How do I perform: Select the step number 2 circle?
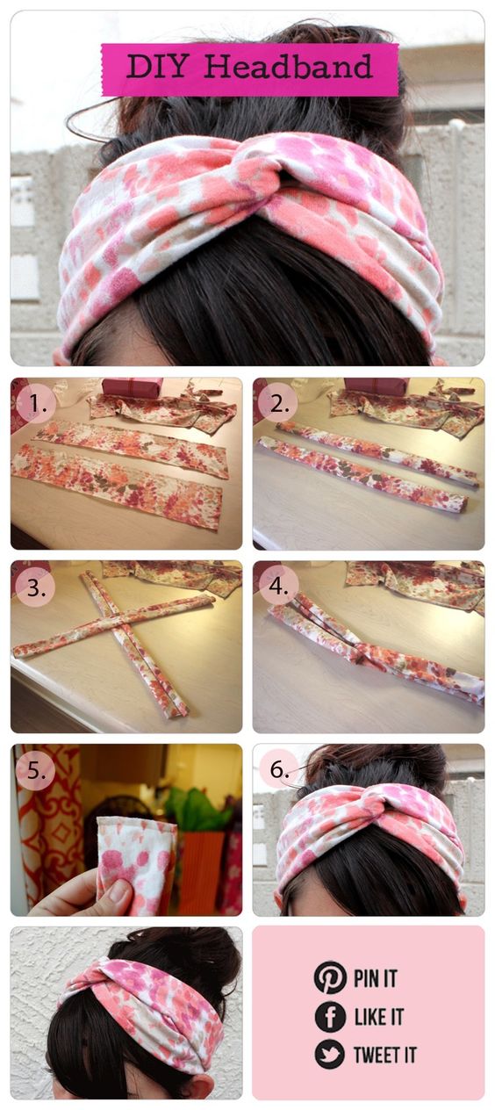pos(276,403)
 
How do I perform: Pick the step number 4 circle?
pos(276,587)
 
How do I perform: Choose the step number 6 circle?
pos(278,770)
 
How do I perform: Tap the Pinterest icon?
pos(330,977)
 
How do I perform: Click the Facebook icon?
pos(330,1016)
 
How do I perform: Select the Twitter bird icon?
pos(330,1054)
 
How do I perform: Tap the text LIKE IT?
pos(378,1017)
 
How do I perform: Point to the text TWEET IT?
pos(384,1055)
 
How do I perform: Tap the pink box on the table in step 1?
pos(132,387)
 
